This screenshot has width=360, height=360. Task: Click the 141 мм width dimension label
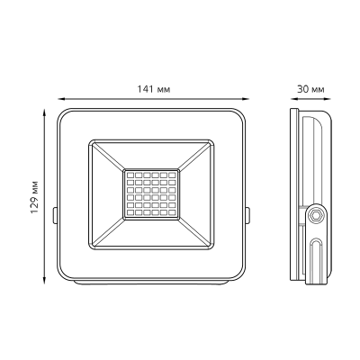click(x=154, y=89)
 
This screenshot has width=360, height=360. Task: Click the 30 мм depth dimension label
click(x=310, y=89)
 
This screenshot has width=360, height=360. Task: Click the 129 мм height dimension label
click(x=34, y=197)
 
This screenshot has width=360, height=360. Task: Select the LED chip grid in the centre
click(x=151, y=193)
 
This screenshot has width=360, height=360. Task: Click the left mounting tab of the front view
click(x=55, y=215)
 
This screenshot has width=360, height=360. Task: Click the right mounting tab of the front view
click(x=247, y=215)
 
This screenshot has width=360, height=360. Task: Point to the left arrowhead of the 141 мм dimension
click(x=61, y=98)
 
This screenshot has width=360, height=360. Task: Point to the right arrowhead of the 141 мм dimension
click(x=246, y=98)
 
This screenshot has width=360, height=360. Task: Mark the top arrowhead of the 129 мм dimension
click(x=45, y=112)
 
